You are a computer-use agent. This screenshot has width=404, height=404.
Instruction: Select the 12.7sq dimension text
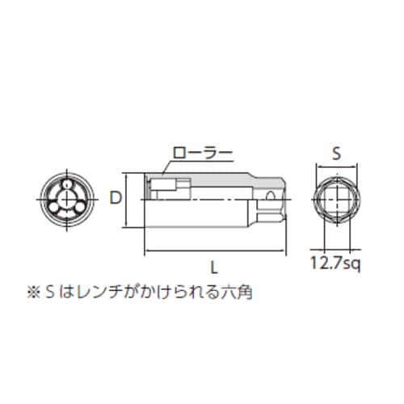click(338, 261)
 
